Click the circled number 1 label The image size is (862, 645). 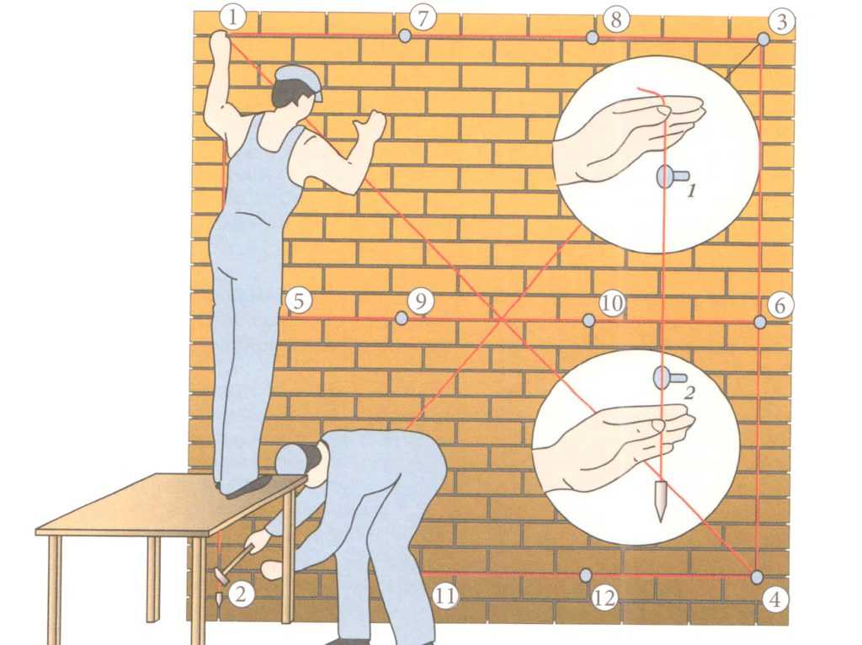coord(232,17)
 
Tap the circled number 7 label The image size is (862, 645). coord(423,19)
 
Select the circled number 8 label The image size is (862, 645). coord(615,19)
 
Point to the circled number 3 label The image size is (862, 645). coord(781,21)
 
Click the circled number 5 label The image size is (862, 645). coord(299,301)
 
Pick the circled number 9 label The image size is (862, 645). coord(421,301)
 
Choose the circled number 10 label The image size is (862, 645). coord(612,303)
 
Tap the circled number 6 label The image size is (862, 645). coord(780,305)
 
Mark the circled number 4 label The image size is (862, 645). coord(774,600)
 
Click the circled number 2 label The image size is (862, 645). coord(240,594)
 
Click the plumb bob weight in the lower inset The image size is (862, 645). coord(659,500)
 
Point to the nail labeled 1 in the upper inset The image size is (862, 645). coord(671,177)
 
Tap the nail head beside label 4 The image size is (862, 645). coord(757,578)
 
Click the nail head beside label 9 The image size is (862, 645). coord(402,317)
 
